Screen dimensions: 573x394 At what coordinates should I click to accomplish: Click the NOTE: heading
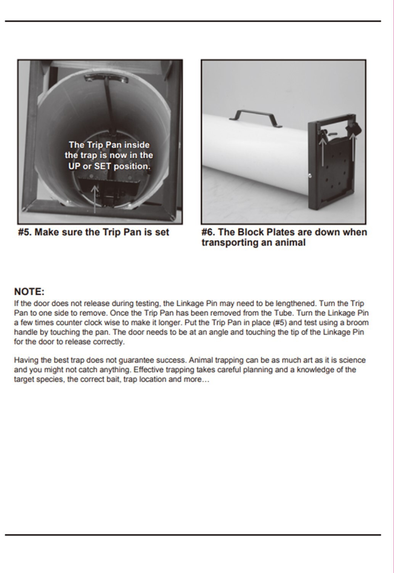[29, 292]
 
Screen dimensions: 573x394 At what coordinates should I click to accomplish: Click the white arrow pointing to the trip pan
[95, 198]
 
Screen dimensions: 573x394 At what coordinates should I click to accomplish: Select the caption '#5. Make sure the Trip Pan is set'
[93, 232]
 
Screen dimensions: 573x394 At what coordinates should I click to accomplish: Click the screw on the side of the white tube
[310, 175]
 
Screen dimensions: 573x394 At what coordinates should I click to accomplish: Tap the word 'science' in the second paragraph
[352, 360]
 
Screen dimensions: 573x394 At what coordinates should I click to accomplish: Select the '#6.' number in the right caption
[208, 232]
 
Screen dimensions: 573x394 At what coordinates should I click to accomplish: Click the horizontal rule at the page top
[193, 21]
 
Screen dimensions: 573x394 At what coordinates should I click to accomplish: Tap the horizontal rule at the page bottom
[193, 535]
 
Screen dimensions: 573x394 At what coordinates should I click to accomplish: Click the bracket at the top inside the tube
[106, 78]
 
